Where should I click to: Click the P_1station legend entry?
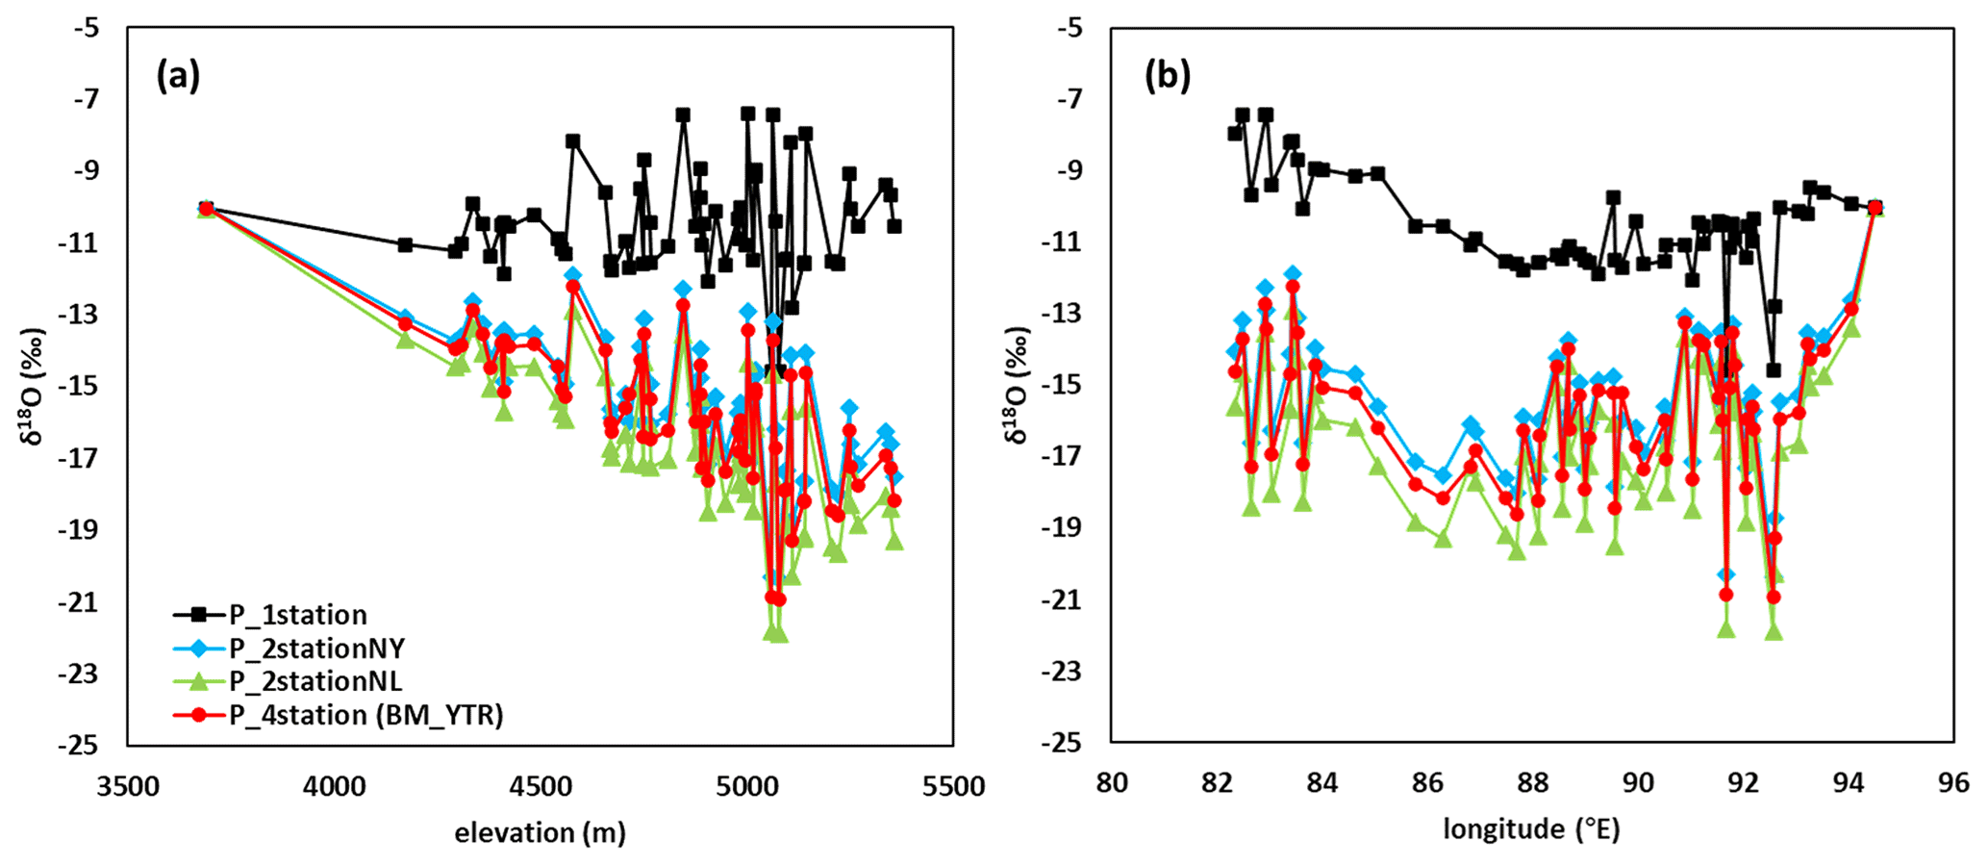pos(297,615)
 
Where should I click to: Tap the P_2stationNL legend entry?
pos(315,681)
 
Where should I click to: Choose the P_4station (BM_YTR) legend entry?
pos(365,715)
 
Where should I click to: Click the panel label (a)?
pos(179,75)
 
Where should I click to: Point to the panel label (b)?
pos(1167,75)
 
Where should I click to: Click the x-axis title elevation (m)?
pos(540,832)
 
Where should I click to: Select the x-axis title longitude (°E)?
pos(1531,828)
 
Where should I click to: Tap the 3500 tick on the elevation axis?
pos(128,787)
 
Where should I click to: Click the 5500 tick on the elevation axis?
pos(953,787)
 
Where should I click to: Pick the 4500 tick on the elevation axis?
pos(541,787)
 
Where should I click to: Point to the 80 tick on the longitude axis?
pos(1111,783)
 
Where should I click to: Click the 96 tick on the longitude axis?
pos(1953,783)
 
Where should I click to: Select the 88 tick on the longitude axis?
pos(1532,783)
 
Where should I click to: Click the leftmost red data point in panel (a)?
pos(206,209)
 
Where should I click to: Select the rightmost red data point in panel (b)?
pos(1875,208)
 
